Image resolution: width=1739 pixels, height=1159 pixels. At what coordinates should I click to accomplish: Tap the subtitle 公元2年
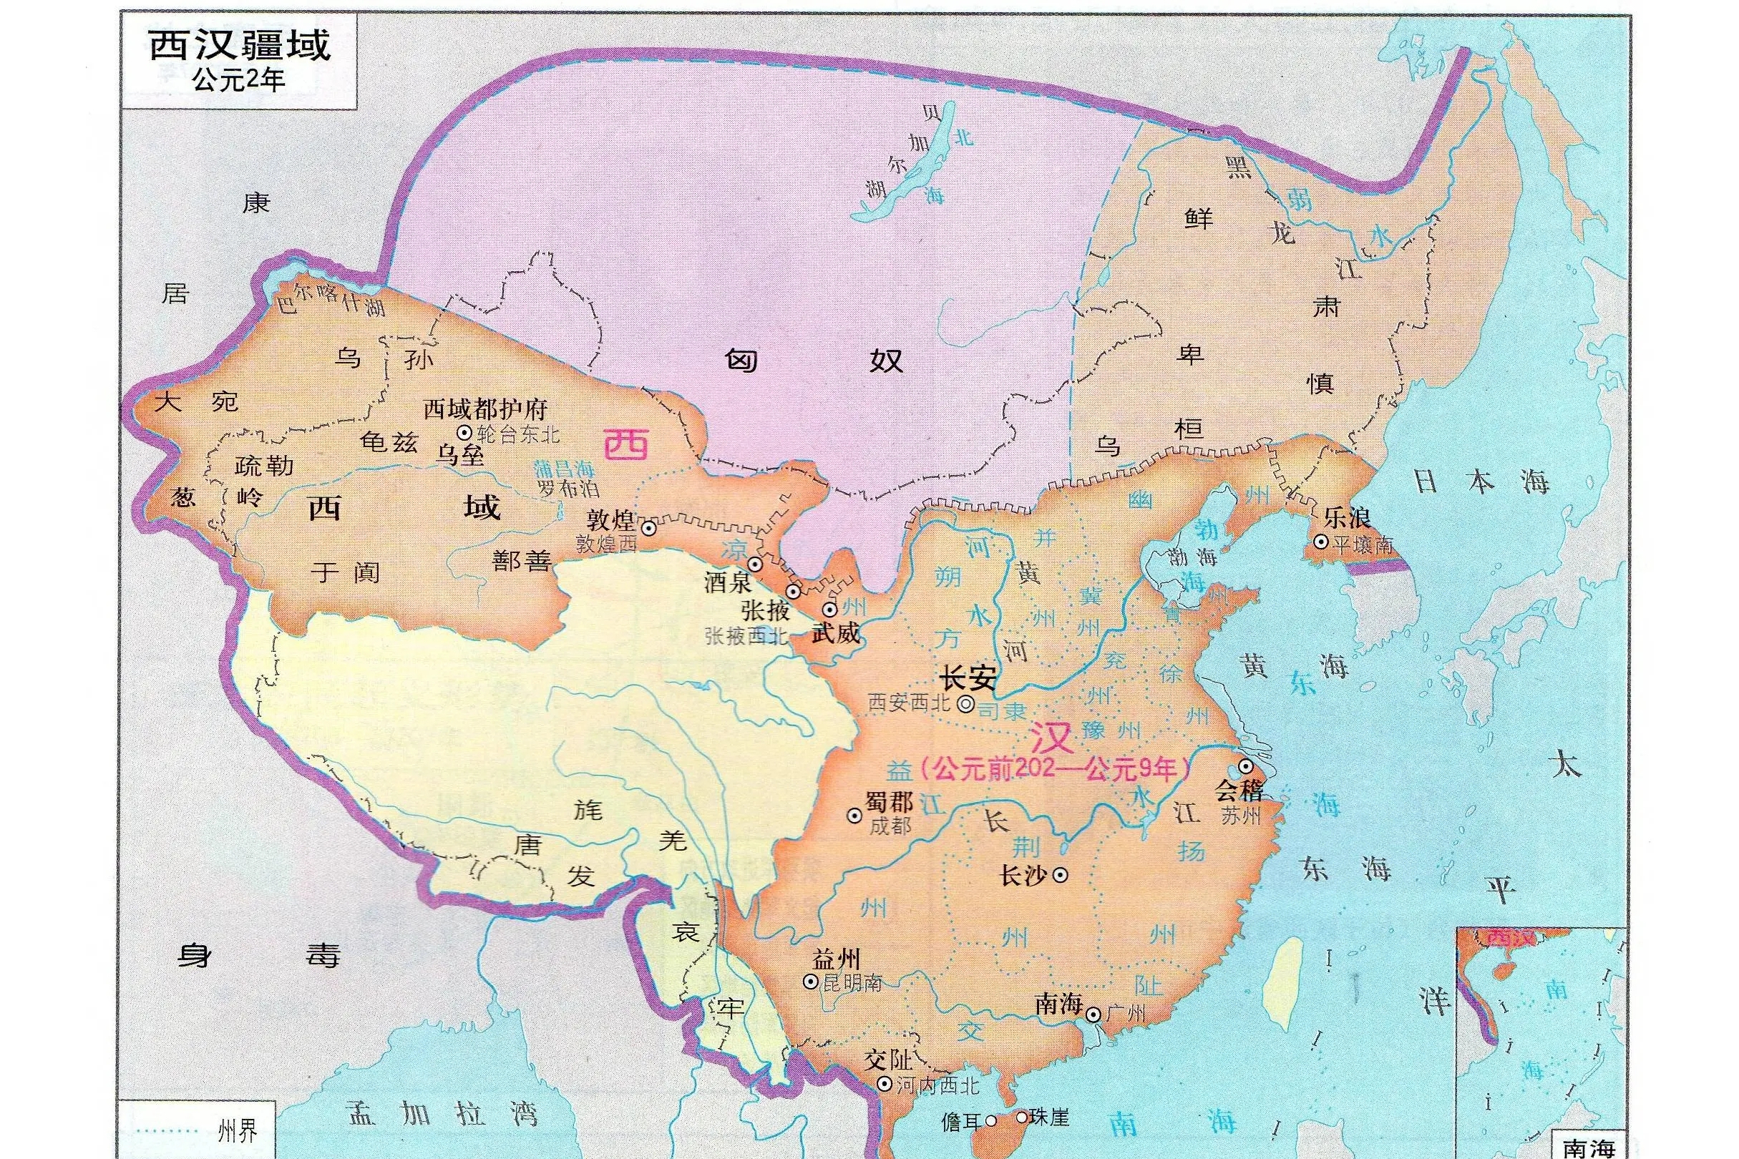[x=239, y=80]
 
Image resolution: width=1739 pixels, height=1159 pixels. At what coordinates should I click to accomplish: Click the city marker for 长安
[x=965, y=705]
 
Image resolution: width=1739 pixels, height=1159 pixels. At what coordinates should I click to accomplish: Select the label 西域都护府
[x=485, y=409]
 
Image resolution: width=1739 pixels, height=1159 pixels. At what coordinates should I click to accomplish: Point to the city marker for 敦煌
[x=648, y=528]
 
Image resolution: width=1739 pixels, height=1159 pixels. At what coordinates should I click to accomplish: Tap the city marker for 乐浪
[x=1320, y=542]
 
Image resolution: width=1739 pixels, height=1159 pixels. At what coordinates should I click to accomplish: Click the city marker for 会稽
[x=1246, y=765]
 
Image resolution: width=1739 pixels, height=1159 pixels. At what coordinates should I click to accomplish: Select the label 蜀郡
[x=889, y=802]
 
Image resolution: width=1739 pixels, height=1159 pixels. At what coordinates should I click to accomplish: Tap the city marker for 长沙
[x=1061, y=874]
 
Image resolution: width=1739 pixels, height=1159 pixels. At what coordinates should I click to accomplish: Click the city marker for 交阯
[x=884, y=1085]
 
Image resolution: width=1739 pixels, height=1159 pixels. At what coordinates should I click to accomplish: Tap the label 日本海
[x=1481, y=482]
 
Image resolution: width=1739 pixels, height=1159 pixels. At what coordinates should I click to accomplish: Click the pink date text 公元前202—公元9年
[x=1054, y=771]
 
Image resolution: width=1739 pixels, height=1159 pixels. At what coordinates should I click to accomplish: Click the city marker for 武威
[x=829, y=610]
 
